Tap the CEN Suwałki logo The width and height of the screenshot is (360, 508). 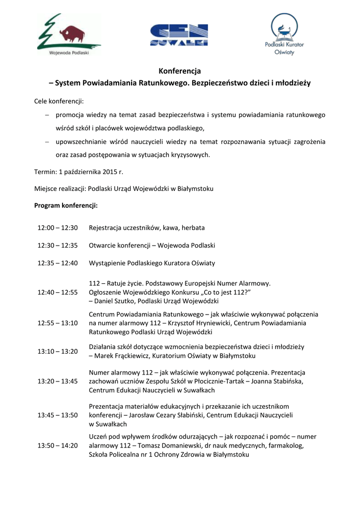pyautogui.click(x=179, y=35)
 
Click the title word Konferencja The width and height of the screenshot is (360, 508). pyautogui.click(x=180, y=71)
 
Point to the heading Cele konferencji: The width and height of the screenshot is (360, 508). pyautogui.click(x=59, y=101)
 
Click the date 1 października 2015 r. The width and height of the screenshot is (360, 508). pyautogui.click(x=91, y=172)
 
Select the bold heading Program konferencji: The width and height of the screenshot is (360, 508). pyautogui.click(x=66, y=205)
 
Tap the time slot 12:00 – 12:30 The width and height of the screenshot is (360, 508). pyautogui.click(x=58, y=228)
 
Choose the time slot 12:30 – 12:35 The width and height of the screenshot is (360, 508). pyautogui.click(x=58, y=246)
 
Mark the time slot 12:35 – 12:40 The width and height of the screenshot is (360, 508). pyautogui.click(x=58, y=263)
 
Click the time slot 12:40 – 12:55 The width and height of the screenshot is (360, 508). pyautogui.click(x=58, y=292)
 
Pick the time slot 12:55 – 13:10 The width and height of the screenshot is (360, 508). pyautogui.click(x=58, y=323)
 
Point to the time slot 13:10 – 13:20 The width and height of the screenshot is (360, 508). pyautogui.click(x=58, y=351)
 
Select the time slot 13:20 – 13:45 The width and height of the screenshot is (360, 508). pyautogui.click(x=58, y=381)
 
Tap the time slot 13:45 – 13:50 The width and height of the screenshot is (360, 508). pyautogui.click(x=58, y=415)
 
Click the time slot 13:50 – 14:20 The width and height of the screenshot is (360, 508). pyautogui.click(x=58, y=445)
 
